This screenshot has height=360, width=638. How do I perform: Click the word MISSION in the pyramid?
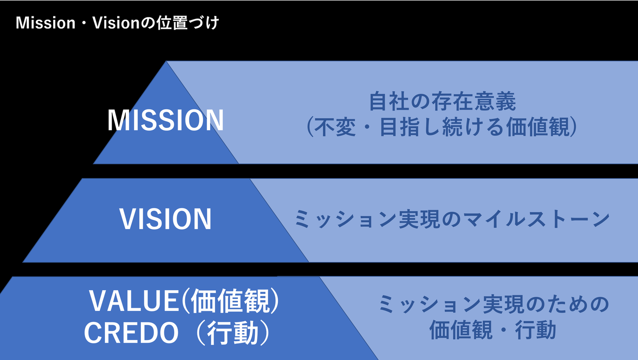tap(166, 120)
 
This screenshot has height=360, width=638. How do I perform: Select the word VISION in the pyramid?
tap(165, 219)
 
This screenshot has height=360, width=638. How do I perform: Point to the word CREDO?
tap(131, 333)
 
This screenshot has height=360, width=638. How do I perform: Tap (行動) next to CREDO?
tap(232, 333)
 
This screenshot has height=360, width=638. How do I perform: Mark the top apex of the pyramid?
tap(167, 62)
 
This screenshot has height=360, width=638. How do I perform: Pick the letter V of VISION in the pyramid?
tap(127, 219)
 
